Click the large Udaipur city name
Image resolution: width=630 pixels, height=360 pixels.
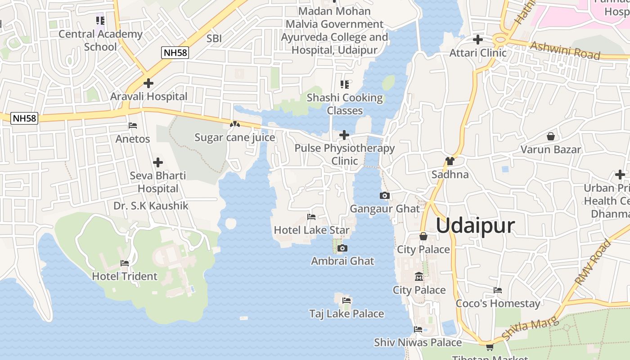click(x=475, y=225)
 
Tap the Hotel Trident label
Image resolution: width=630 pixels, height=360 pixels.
click(x=125, y=276)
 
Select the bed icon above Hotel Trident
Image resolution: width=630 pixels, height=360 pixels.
click(x=125, y=263)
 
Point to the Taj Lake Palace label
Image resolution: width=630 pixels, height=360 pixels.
click(x=346, y=314)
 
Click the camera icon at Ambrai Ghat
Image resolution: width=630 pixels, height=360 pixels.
click(x=342, y=248)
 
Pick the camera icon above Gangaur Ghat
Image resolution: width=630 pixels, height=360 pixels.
click(x=385, y=195)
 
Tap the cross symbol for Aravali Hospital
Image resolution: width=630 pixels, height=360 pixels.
click(x=148, y=83)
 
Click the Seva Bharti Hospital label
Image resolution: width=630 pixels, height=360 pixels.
click(x=158, y=182)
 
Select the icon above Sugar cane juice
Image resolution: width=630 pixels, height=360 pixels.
click(x=235, y=124)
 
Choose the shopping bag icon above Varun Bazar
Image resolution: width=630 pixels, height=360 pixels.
click(x=550, y=136)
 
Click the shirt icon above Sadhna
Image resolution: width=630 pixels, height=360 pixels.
click(x=450, y=161)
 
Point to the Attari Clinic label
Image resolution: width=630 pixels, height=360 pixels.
click(x=478, y=53)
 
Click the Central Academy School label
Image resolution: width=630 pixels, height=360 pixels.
click(x=100, y=40)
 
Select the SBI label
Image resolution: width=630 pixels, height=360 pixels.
click(x=214, y=39)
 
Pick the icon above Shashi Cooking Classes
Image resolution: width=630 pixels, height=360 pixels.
click(x=345, y=84)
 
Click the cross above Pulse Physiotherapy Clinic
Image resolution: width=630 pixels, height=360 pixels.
click(x=344, y=135)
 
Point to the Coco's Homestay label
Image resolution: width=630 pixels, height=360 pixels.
click(x=498, y=303)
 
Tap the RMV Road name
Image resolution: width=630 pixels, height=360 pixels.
click(x=594, y=262)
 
